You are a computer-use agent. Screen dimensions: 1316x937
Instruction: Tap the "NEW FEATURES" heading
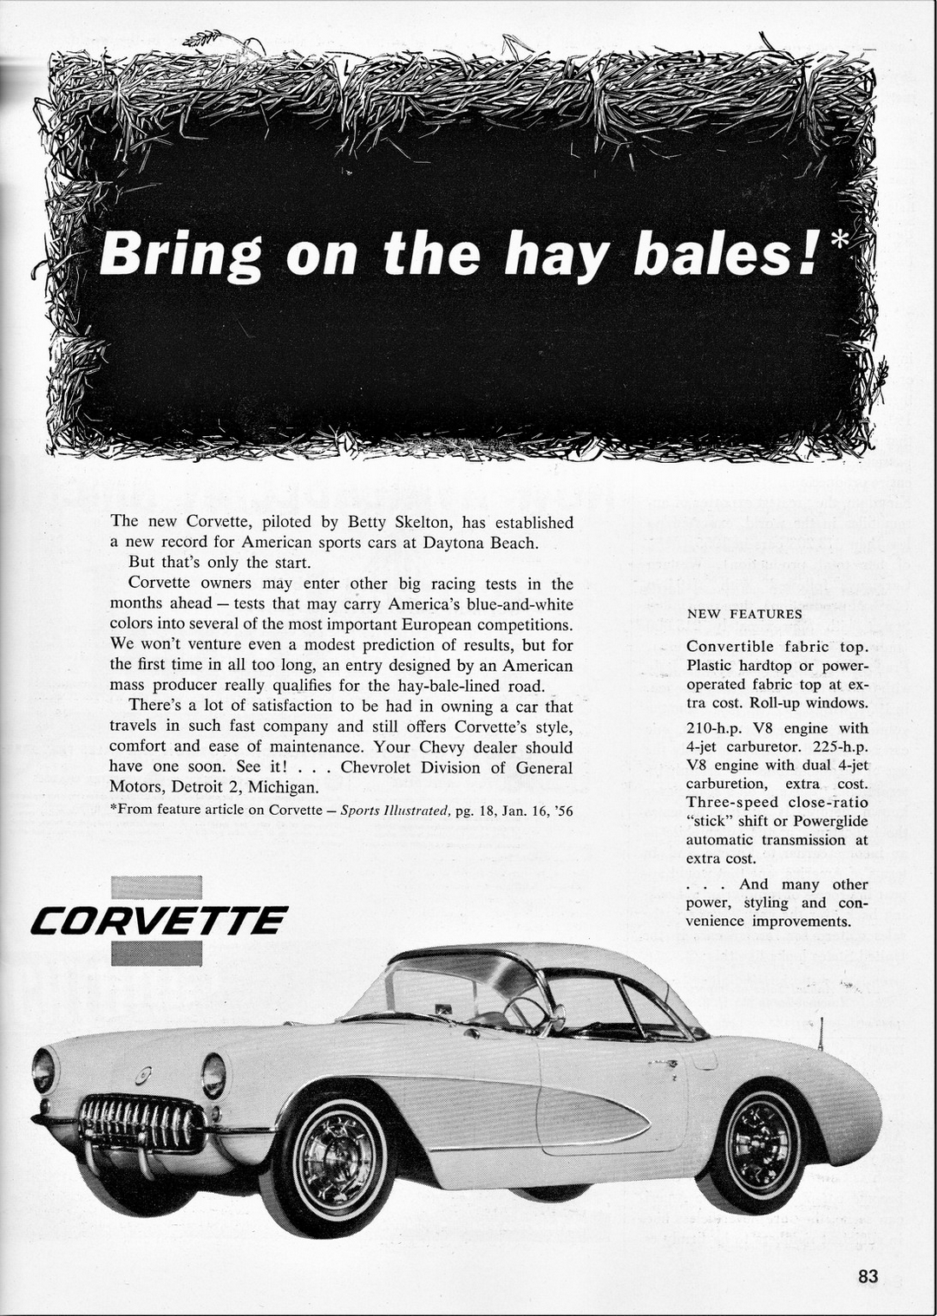coord(744,614)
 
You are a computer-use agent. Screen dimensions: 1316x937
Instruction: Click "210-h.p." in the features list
coord(714,728)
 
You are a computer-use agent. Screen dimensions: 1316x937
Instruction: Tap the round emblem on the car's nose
coord(142,1076)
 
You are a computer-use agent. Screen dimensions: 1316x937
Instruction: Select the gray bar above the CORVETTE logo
coord(157,888)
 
